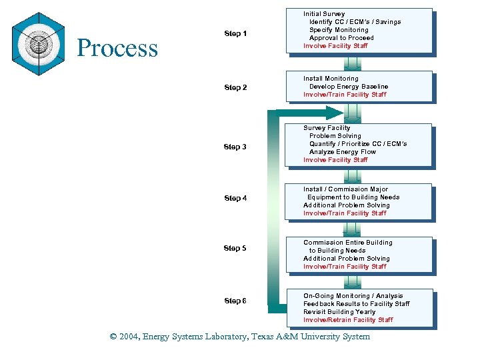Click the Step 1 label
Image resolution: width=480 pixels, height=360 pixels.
[235, 34]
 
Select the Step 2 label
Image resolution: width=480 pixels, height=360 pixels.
[235, 87]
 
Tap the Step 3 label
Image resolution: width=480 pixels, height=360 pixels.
[235, 147]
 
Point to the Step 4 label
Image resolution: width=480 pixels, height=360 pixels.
[235, 198]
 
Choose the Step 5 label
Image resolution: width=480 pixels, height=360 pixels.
[235, 248]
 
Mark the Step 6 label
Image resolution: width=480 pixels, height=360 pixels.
[235, 301]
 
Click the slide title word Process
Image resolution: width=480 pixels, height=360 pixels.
[117, 48]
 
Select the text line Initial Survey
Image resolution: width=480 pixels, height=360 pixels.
[324, 14]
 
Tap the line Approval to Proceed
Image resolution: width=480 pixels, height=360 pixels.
[341, 38]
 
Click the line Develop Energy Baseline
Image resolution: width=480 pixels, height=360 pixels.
[348, 87]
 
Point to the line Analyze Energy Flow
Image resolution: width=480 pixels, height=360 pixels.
[342, 152]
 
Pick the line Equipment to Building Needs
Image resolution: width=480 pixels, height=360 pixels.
[353, 197]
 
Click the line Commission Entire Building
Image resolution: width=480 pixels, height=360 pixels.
[348, 243]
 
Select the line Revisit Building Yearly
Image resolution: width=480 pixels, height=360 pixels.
[339, 312]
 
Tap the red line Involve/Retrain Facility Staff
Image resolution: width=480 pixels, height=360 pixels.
[348, 320]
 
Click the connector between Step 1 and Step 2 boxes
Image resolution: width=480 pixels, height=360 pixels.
[353, 63]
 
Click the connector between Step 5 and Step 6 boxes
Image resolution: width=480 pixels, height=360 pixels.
[353, 281]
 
